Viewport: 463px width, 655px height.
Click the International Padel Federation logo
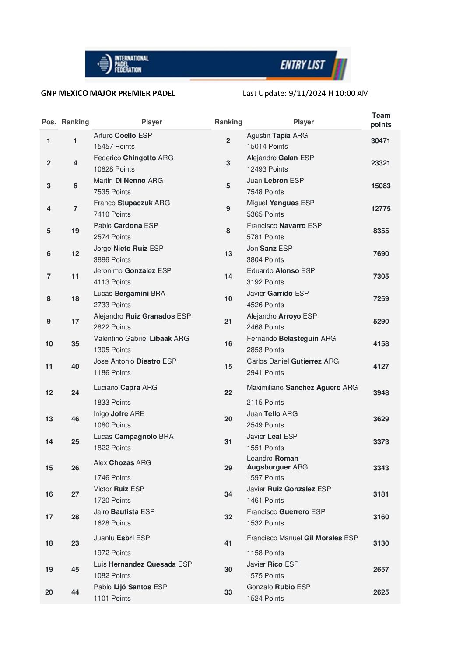tap(123, 64)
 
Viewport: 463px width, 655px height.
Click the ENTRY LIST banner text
tap(302, 65)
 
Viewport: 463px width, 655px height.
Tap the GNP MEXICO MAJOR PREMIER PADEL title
tap(108, 93)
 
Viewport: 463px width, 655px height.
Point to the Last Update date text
tap(305, 93)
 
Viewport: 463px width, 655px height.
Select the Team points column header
tap(381, 120)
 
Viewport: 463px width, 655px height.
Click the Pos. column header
tap(49, 122)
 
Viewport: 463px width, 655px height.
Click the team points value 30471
tap(380, 141)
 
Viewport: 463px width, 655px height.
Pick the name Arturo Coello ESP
tap(123, 136)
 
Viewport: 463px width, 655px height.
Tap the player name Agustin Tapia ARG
tap(277, 136)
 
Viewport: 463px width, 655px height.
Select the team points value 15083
tap(381, 186)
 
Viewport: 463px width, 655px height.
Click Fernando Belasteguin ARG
tap(291, 339)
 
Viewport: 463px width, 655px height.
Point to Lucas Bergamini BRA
tap(129, 294)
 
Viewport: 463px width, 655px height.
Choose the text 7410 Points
tap(112, 214)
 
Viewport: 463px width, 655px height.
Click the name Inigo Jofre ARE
tap(119, 414)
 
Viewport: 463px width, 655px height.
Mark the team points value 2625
tap(381, 592)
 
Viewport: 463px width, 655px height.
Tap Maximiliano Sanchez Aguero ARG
tap(302, 388)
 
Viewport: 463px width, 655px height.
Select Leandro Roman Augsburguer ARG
tap(277, 463)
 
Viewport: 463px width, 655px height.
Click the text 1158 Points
tap(265, 553)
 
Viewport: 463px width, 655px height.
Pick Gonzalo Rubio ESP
tap(278, 587)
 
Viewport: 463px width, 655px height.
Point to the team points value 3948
tap(381, 393)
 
